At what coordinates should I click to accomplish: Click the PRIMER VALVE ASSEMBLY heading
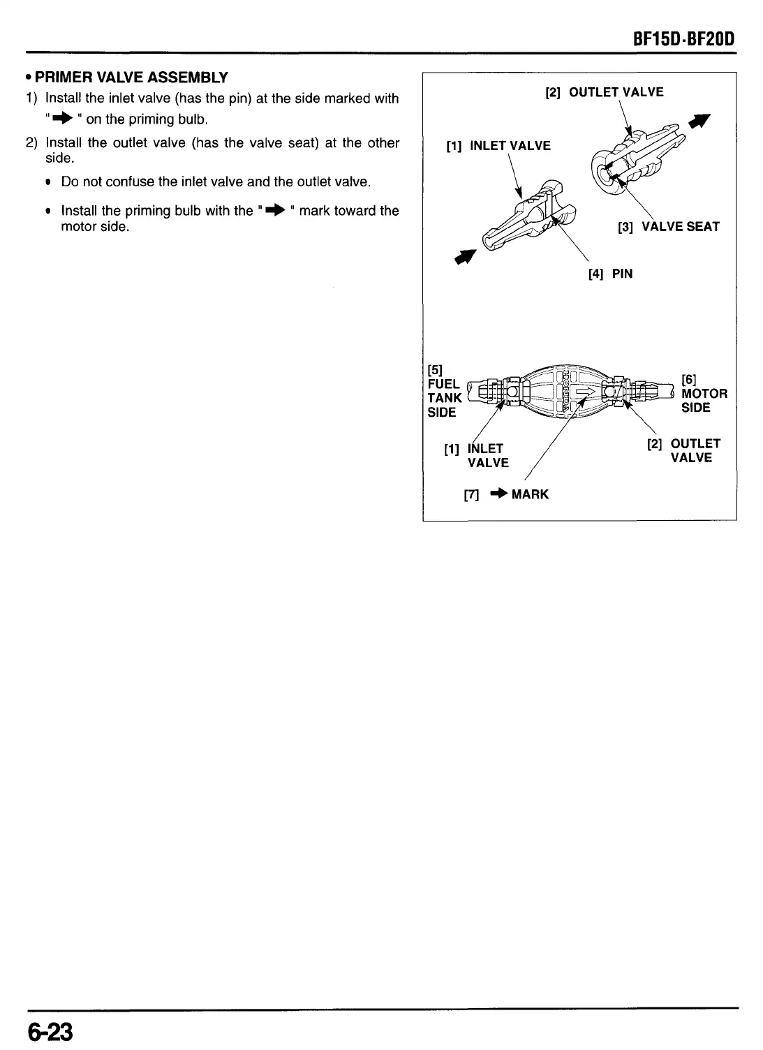(131, 77)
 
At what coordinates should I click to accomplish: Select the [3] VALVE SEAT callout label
(668, 227)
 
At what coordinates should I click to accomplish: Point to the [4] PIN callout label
(610, 274)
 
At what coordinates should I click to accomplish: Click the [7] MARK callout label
(506, 494)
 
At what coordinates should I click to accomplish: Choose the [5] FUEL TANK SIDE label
(444, 391)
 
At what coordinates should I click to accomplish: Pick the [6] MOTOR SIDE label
(704, 393)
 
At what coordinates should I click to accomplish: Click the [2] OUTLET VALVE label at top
(604, 92)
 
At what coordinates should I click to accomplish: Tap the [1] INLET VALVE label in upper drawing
(498, 146)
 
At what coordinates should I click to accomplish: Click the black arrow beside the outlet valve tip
(697, 123)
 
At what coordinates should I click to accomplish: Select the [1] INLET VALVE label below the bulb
(477, 455)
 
